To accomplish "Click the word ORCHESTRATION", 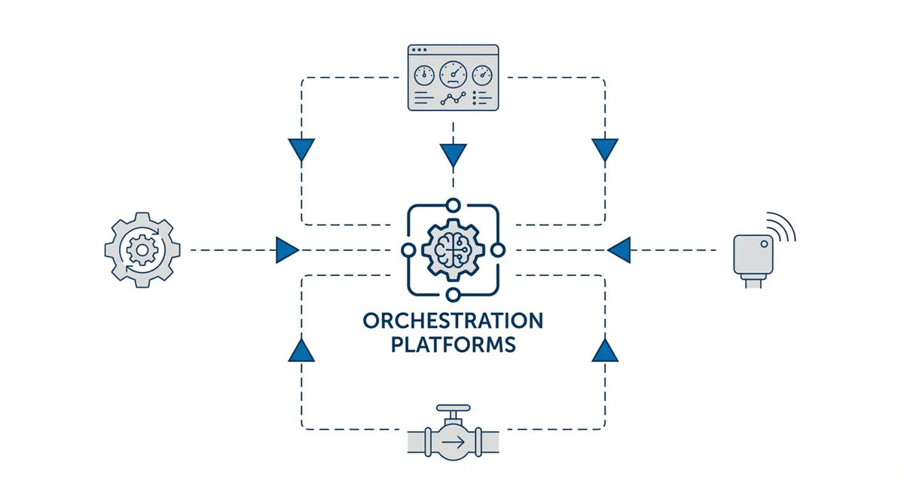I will (x=452, y=321).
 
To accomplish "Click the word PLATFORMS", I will (x=452, y=345).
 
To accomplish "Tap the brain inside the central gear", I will (x=453, y=249).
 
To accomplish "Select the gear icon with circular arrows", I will (x=142, y=250).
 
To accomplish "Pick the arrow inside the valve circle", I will (x=453, y=443).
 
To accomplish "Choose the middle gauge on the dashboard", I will (x=453, y=75).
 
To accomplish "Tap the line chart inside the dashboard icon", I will (x=453, y=99).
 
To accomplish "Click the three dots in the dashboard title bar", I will (x=419, y=51).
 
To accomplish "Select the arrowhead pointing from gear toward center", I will (x=287, y=250).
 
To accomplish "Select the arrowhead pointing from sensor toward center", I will (x=618, y=250).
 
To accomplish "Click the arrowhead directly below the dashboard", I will (x=453, y=155).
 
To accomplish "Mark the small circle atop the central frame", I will (x=453, y=204).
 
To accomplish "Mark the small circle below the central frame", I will (x=453, y=295).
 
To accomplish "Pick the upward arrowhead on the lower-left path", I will (x=301, y=351).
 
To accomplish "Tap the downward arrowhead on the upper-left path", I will (x=301, y=149).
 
